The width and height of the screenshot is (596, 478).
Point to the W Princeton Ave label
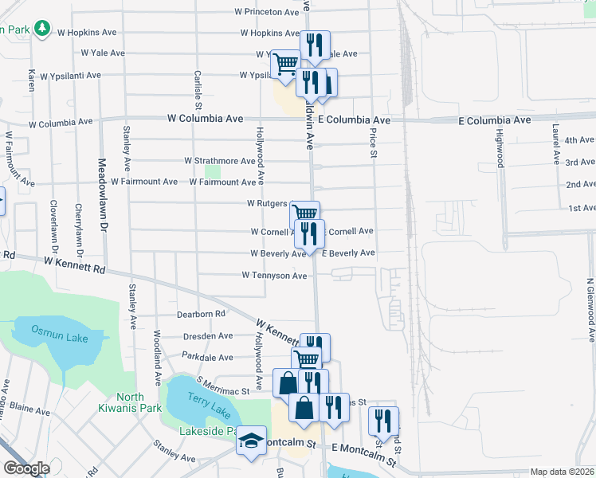(x=267, y=12)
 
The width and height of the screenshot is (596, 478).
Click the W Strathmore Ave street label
(x=220, y=161)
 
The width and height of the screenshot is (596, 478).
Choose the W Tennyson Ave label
(x=274, y=276)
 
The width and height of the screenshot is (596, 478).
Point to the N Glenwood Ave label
(x=590, y=310)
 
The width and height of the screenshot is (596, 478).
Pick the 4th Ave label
(x=580, y=140)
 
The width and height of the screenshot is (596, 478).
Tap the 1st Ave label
(x=582, y=208)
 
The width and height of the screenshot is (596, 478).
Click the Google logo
(x=26, y=468)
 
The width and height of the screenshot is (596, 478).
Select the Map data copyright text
(x=561, y=472)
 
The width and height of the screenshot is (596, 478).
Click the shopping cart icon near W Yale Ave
(x=285, y=63)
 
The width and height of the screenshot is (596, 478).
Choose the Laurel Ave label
(x=556, y=143)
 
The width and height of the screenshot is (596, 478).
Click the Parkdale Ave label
(x=207, y=356)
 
